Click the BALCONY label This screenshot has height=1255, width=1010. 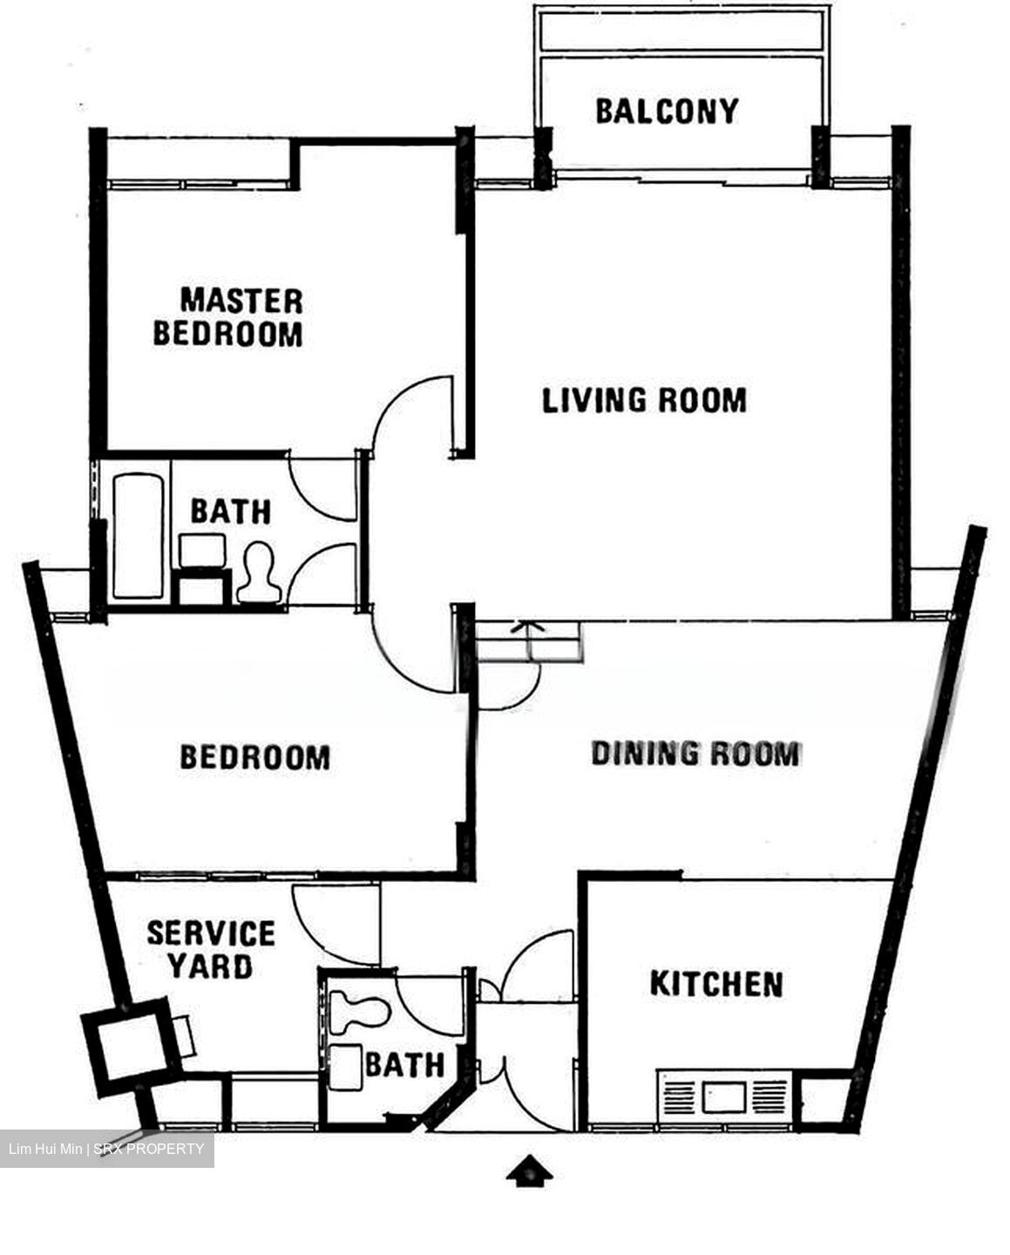[667, 112]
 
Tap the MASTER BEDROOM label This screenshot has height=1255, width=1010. [228, 318]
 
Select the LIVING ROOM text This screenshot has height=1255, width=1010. [644, 400]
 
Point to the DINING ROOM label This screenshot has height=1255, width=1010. [695, 754]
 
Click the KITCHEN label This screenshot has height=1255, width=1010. [716, 984]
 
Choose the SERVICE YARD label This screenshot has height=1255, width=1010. [211, 950]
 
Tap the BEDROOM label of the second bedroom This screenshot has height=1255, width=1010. [255, 756]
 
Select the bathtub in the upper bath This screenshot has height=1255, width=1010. [139, 535]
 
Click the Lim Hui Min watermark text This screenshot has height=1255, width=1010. [105, 1149]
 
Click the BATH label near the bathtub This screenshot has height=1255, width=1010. [231, 512]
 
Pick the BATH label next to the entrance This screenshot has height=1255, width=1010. [404, 1065]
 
